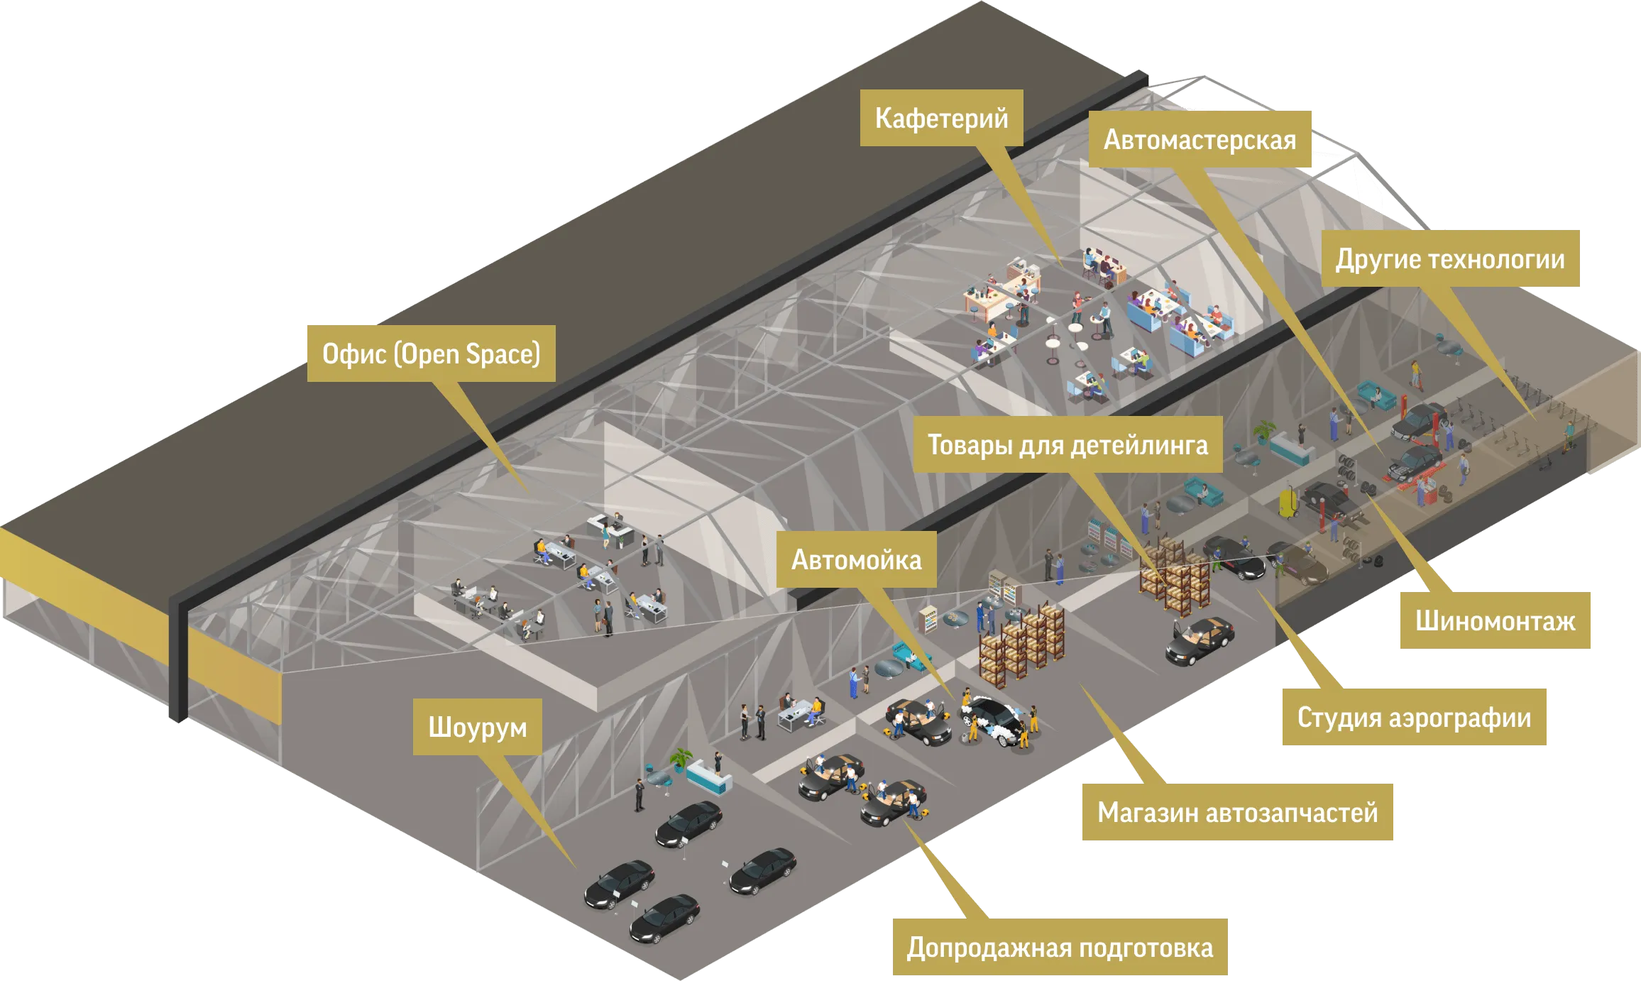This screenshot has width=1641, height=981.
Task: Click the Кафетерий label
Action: click(941, 118)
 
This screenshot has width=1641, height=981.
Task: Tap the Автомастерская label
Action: click(1200, 139)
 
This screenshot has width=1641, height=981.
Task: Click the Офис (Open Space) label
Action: click(431, 354)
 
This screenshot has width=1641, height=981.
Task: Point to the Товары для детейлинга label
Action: click(1068, 445)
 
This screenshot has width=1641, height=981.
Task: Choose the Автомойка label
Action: click(856, 560)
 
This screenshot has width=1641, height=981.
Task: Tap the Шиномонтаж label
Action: click(1495, 621)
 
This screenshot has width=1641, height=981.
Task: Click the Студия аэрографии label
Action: click(1413, 718)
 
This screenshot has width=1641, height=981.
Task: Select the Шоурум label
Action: click(477, 727)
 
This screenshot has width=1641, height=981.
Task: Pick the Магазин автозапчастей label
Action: click(1237, 812)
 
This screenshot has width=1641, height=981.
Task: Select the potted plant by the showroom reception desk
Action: click(681, 758)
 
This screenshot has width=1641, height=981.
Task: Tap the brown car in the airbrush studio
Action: click(1302, 564)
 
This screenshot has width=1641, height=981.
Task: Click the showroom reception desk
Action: click(708, 777)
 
